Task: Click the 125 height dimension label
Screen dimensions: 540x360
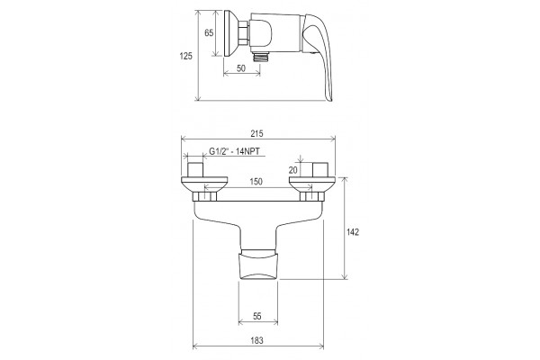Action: pyautogui.click(x=186, y=56)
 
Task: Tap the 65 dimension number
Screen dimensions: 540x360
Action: pyautogui.click(x=209, y=32)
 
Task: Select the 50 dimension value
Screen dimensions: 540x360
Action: pyautogui.click(x=241, y=68)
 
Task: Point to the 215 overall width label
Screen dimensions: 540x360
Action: pyautogui.click(x=256, y=133)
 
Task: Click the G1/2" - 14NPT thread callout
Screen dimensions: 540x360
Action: pyautogui.click(x=235, y=151)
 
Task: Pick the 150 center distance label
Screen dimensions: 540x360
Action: pyautogui.click(x=256, y=182)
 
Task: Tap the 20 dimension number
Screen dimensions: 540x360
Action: pyautogui.click(x=293, y=170)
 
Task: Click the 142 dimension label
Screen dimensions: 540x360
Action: pyautogui.click(x=353, y=232)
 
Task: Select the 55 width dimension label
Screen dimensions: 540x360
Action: pyautogui.click(x=257, y=316)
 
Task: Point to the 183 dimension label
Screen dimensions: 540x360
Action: pyautogui.click(x=256, y=340)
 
